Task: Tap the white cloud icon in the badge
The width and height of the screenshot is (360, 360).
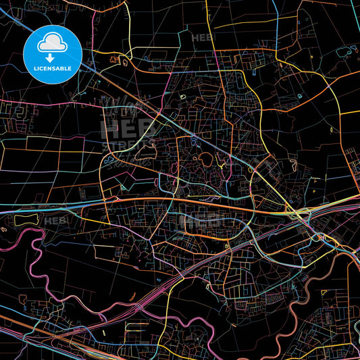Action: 53,41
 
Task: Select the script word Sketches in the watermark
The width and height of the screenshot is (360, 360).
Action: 135,159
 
